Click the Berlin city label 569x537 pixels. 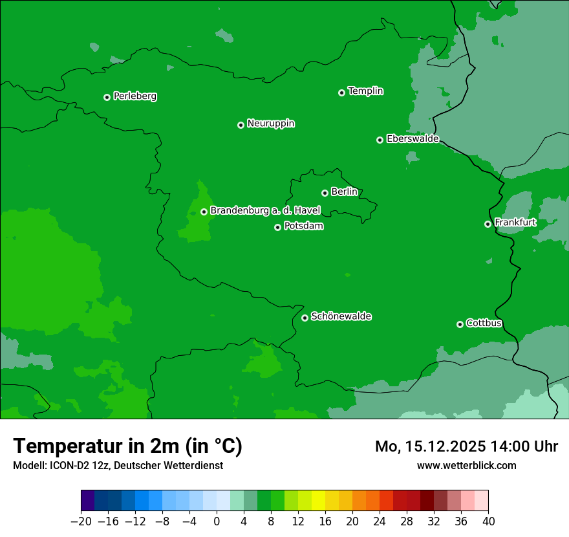click(344, 192)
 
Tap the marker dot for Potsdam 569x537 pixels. click(277, 227)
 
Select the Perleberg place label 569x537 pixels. click(134, 96)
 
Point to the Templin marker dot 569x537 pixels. click(341, 93)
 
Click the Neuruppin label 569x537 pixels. click(270, 124)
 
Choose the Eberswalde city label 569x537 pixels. click(413, 139)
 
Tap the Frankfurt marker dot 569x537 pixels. click(488, 224)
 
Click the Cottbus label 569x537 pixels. click(484, 323)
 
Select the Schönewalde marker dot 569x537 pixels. click(305, 318)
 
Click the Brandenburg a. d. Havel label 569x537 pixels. click(265, 211)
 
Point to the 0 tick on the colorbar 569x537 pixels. click(217, 521)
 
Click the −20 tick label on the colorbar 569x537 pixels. click(81, 521)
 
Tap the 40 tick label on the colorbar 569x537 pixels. click(488, 521)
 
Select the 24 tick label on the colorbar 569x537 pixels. click(380, 521)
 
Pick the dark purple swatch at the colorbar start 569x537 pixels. click(88, 500)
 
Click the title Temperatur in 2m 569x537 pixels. click(127, 446)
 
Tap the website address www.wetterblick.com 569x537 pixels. click(466, 465)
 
